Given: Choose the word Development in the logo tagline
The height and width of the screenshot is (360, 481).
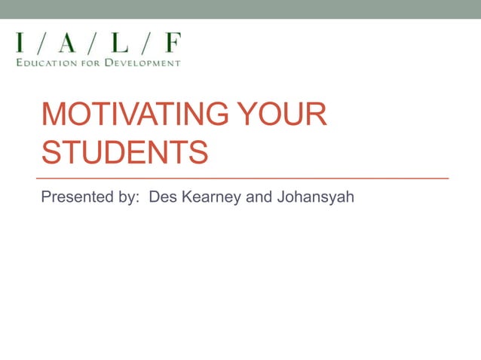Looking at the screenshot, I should pos(143,63).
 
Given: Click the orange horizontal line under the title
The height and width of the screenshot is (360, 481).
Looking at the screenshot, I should pos(244,178).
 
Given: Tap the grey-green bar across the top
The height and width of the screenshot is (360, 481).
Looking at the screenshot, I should pos(240,9).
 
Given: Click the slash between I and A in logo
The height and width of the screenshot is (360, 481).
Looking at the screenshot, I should pos(44,43).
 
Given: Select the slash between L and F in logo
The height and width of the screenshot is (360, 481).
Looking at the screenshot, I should pos(147,43).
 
